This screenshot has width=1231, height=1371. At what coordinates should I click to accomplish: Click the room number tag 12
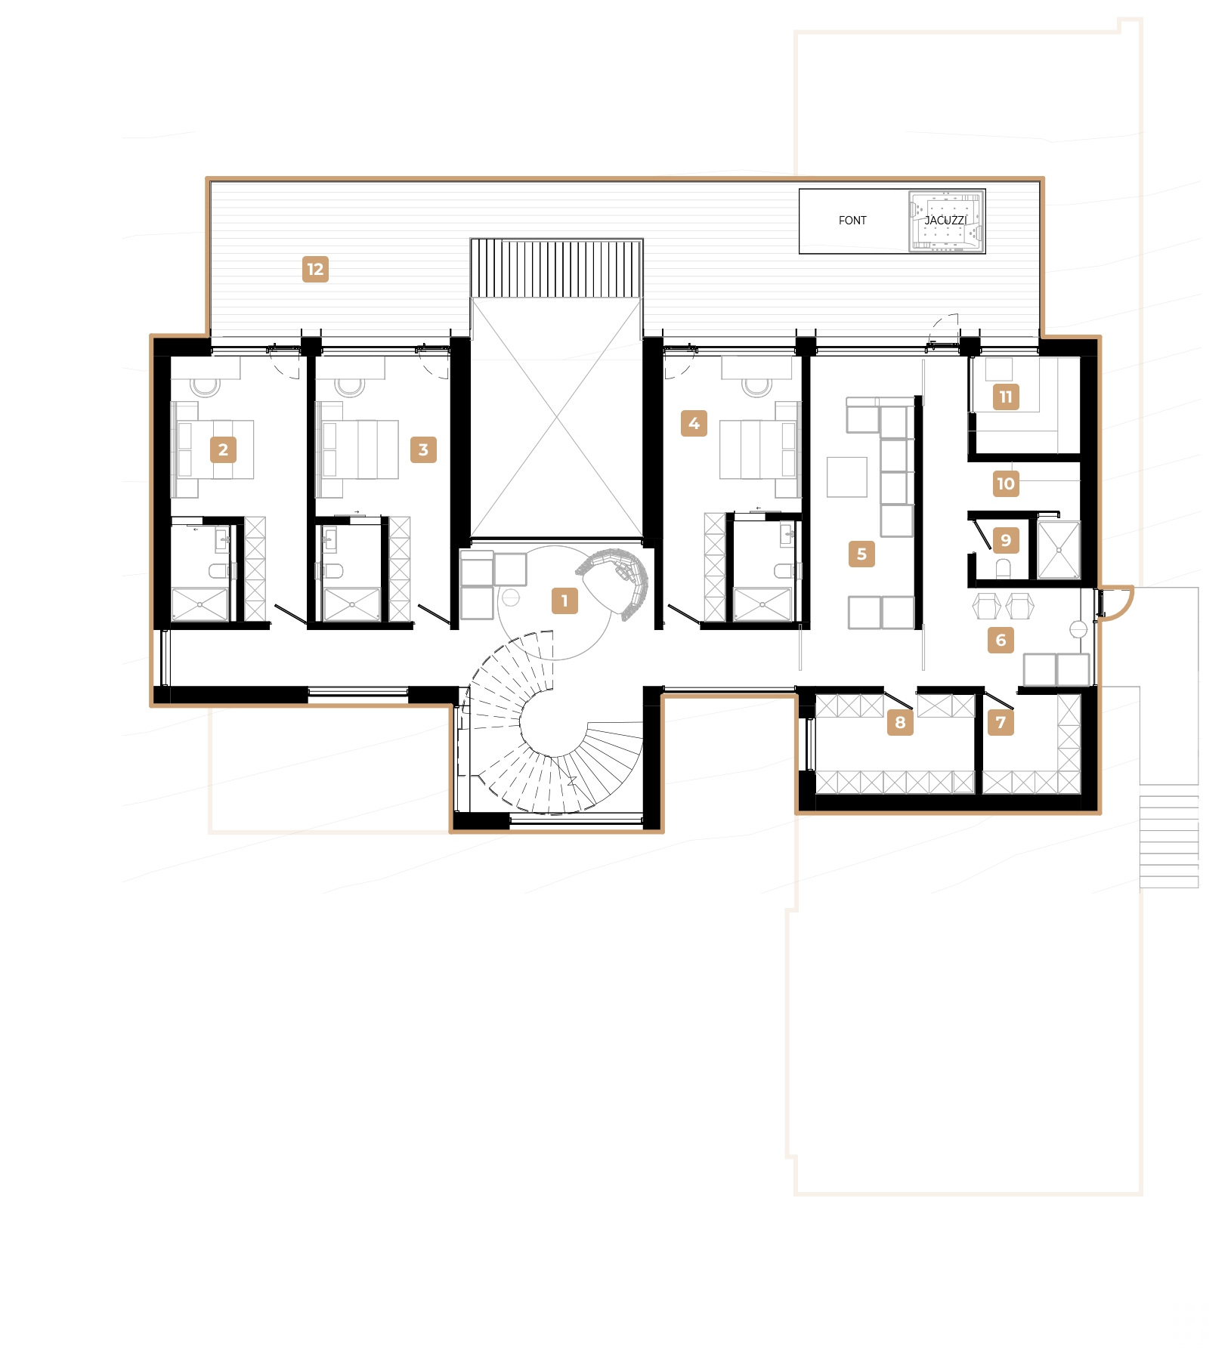pyautogui.click(x=315, y=270)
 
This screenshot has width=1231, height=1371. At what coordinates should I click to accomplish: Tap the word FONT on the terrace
pyautogui.click(x=852, y=221)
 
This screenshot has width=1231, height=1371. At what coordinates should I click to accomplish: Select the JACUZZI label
pyautogui.click(x=945, y=221)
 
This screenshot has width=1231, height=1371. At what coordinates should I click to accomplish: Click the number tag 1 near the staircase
pyautogui.click(x=564, y=601)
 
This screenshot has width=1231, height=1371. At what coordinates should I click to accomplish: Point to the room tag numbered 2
pyautogui.click(x=223, y=450)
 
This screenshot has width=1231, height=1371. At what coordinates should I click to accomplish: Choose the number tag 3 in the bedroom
pyautogui.click(x=423, y=450)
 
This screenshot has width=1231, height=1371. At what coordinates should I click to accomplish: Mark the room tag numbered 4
pyautogui.click(x=694, y=424)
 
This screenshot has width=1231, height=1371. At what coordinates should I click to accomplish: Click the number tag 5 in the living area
pyautogui.click(x=861, y=554)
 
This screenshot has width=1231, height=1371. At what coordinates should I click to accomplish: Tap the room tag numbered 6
pyautogui.click(x=1001, y=641)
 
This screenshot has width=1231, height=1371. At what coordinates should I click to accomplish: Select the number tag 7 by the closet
pyautogui.click(x=1001, y=723)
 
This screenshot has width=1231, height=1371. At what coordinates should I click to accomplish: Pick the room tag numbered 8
pyautogui.click(x=900, y=723)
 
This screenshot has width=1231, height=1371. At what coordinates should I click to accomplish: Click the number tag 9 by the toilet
pyautogui.click(x=1006, y=541)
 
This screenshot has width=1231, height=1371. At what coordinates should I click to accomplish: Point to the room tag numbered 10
pyautogui.click(x=1006, y=484)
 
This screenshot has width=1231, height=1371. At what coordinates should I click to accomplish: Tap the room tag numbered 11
pyautogui.click(x=1006, y=397)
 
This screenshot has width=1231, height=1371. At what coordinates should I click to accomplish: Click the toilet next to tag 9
pyautogui.click(x=1003, y=569)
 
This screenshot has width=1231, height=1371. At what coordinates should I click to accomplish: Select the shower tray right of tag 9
pyautogui.click(x=1059, y=550)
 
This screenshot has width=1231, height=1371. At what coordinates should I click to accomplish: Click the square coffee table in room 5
pyautogui.click(x=846, y=477)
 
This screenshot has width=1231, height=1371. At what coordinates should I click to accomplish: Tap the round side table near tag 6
pyautogui.click(x=1078, y=629)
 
